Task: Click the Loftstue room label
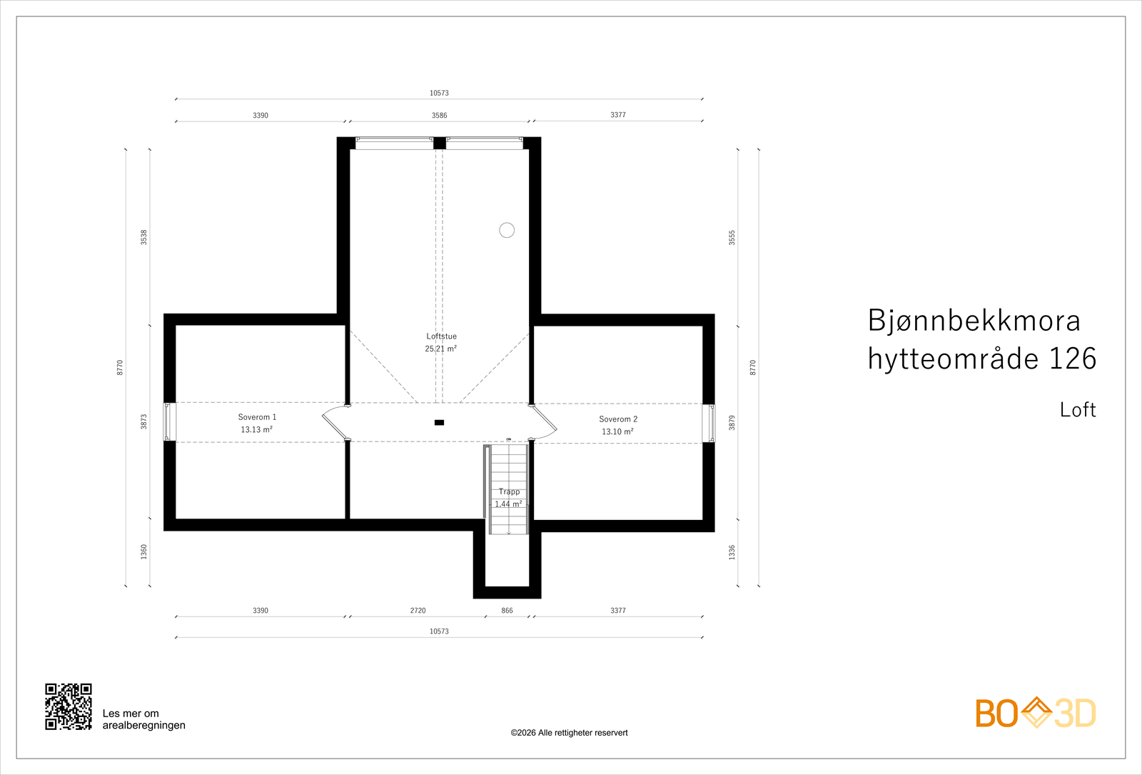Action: click(442, 336)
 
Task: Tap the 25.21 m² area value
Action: click(441, 349)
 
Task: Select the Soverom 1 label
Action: click(257, 417)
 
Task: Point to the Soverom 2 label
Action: click(618, 419)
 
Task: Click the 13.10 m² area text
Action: click(617, 431)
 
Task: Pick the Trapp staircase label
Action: click(510, 491)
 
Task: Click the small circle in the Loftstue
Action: click(507, 230)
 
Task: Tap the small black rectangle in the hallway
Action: click(439, 422)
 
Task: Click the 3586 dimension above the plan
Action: click(440, 115)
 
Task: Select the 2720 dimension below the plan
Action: click(418, 610)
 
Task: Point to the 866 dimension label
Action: click(507, 610)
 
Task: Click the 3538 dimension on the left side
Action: click(143, 237)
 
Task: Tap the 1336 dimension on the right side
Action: click(732, 552)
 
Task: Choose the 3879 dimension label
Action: click(732, 422)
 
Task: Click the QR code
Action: click(69, 706)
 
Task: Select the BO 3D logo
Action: click(1036, 713)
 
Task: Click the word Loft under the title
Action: click(1078, 409)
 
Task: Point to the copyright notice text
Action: click(569, 733)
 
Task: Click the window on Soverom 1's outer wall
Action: click(169, 422)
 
